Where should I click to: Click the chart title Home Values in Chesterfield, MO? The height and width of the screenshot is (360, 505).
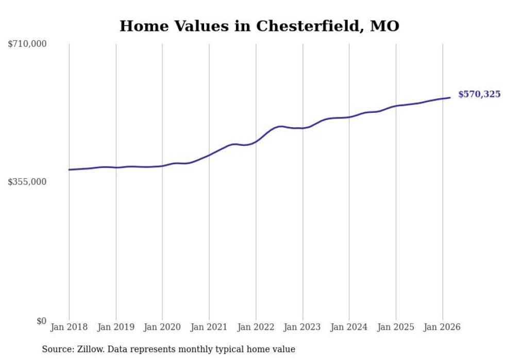(259, 26)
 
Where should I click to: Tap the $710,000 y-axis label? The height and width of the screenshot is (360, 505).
(27, 44)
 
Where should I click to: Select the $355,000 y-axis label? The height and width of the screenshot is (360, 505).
(27, 182)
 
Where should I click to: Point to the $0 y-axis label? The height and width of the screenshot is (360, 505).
(41, 321)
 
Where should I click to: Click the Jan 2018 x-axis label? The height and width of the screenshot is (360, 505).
(69, 327)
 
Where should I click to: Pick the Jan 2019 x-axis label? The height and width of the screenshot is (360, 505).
(116, 327)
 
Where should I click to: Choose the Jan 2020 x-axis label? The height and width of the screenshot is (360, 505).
(162, 327)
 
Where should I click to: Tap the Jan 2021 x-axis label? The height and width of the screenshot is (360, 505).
(209, 327)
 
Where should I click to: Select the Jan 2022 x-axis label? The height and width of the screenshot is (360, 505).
(256, 327)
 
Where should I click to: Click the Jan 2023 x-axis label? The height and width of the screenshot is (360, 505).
(302, 327)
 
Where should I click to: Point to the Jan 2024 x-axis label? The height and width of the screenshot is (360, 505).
(349, 327)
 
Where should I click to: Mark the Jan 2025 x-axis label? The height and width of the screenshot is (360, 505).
(396, 327)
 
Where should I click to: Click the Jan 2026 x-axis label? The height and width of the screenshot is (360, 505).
(442, 327)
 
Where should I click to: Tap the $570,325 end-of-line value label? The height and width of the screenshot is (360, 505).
(479, 94)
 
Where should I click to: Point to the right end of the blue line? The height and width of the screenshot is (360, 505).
(450, 97)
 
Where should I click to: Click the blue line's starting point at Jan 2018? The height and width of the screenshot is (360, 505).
(69, 169)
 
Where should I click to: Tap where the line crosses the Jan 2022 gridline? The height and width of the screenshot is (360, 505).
(256, 141)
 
